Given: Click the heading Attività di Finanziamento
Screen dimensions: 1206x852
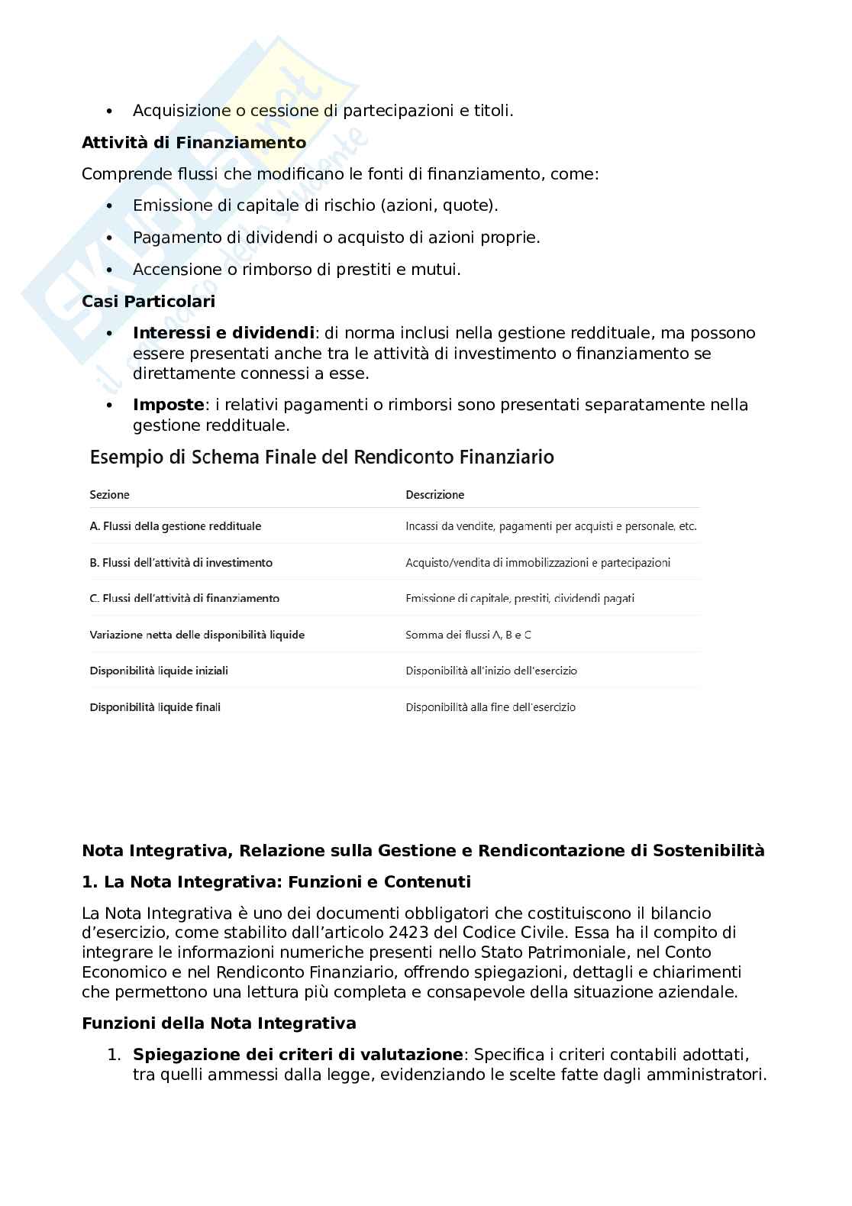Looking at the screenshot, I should point(194,143).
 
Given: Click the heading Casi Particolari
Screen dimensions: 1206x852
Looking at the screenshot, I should point(148,302).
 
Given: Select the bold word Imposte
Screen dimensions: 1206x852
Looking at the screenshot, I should point(168,405).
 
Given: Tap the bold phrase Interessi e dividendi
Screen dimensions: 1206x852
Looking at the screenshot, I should point(223,333).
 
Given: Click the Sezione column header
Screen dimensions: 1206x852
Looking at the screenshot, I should point(109,495).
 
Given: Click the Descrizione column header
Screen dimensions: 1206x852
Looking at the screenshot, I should point(434,495).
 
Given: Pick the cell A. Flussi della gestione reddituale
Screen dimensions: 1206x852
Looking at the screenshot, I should point(175,526).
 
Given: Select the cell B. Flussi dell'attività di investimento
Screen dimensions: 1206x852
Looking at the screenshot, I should point(181,563).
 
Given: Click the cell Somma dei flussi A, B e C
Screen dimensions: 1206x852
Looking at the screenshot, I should point(468,635).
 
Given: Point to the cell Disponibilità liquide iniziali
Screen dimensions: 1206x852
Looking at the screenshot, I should point(159,671).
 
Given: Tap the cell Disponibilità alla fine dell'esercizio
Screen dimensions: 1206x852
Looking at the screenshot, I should point(490,707).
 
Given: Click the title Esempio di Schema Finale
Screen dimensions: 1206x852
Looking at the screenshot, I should point(321,458).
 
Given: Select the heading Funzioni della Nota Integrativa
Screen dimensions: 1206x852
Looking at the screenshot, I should point(218,1023).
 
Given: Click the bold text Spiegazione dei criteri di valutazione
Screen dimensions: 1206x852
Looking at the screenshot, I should point(298,1055).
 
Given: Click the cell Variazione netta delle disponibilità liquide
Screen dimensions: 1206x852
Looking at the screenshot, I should point(197,635).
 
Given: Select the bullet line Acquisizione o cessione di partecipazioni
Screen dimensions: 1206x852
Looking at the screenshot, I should point(323,111).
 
